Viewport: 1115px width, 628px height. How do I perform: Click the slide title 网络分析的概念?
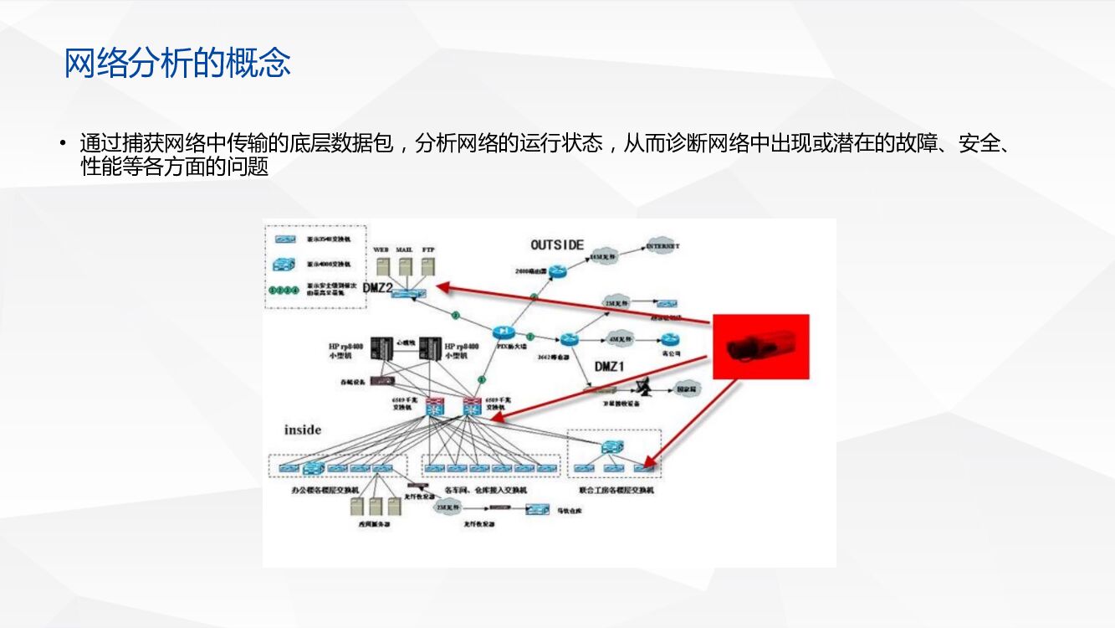(177, 64)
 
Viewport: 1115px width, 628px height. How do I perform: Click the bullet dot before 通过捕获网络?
(63, 143)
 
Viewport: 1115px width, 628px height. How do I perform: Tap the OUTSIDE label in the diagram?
(557, 245)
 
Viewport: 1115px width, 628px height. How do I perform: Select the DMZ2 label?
(378, 288)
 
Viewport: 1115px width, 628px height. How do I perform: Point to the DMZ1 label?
(611, 366)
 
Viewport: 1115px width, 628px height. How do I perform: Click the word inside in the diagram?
(303, 430)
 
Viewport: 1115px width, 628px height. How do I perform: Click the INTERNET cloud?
(662, 247)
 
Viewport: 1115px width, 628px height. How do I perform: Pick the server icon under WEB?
(383, 267)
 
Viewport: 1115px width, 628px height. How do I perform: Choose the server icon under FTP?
(428, 267)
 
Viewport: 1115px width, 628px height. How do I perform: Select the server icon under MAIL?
(406, 267)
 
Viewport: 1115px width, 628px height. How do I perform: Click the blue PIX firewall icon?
(503, 332)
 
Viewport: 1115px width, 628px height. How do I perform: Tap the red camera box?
(760, 347)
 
